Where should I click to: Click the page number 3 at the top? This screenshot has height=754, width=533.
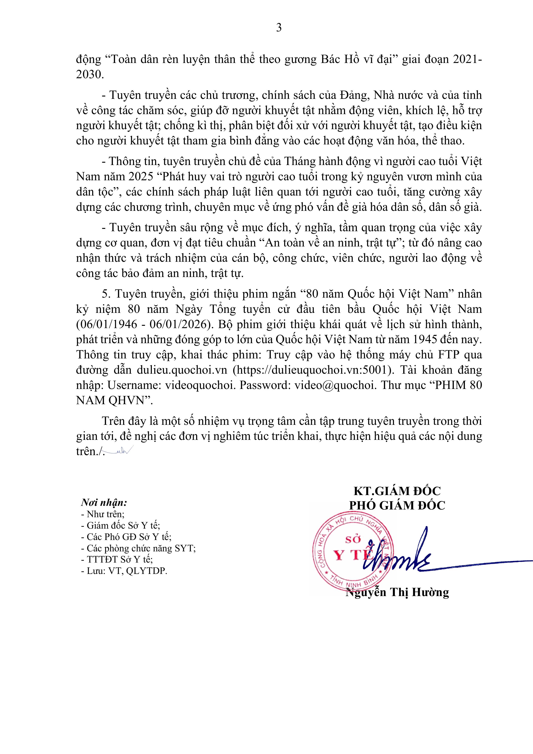[x=278, y=28]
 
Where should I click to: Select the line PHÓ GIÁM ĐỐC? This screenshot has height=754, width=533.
[x=397, y=505]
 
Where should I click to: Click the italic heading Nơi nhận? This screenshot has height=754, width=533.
[x=104, y=503]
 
